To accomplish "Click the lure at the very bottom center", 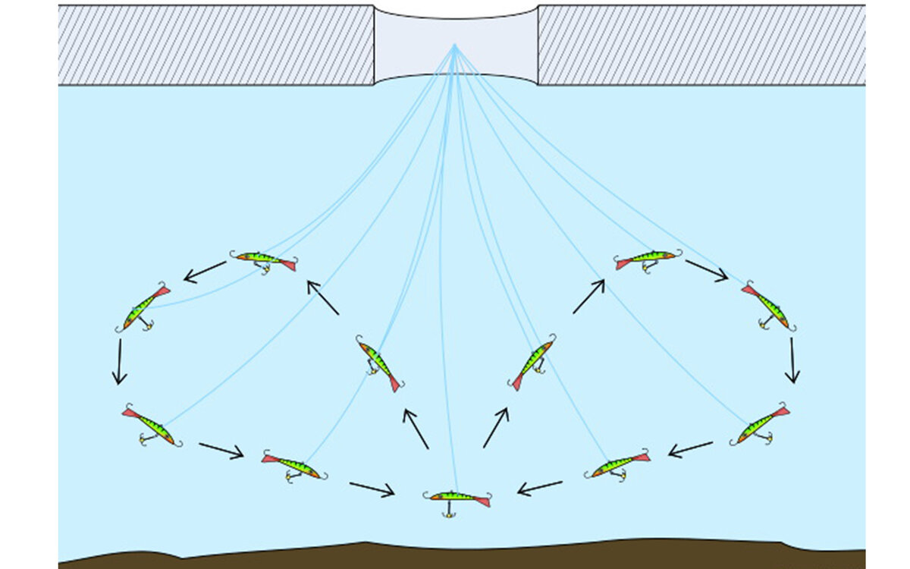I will click(x=457, y=498).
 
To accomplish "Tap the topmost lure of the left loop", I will click(x=263, y=260).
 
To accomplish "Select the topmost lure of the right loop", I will click(x=647, y=259).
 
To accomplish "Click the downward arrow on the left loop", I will click(x=119, y=361).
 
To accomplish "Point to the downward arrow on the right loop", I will click(x=792, y=360).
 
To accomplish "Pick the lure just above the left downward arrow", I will click(x=144, y=308).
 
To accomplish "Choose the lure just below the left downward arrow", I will click(x=151, y=427).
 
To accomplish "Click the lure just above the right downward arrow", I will click(x=768, y=306).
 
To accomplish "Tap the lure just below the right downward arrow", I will click(x=761, y=425).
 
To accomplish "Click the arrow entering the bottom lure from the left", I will click(x=372, y=489).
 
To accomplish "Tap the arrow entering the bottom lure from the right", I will click(x=540, y=487).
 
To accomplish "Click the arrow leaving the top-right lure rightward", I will click(x=706, y=270).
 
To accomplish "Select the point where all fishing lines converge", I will click(x=455, y=45).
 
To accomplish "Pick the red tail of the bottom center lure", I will click(x=481, y=501).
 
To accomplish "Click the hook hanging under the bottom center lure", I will click(x=448, y=513).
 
